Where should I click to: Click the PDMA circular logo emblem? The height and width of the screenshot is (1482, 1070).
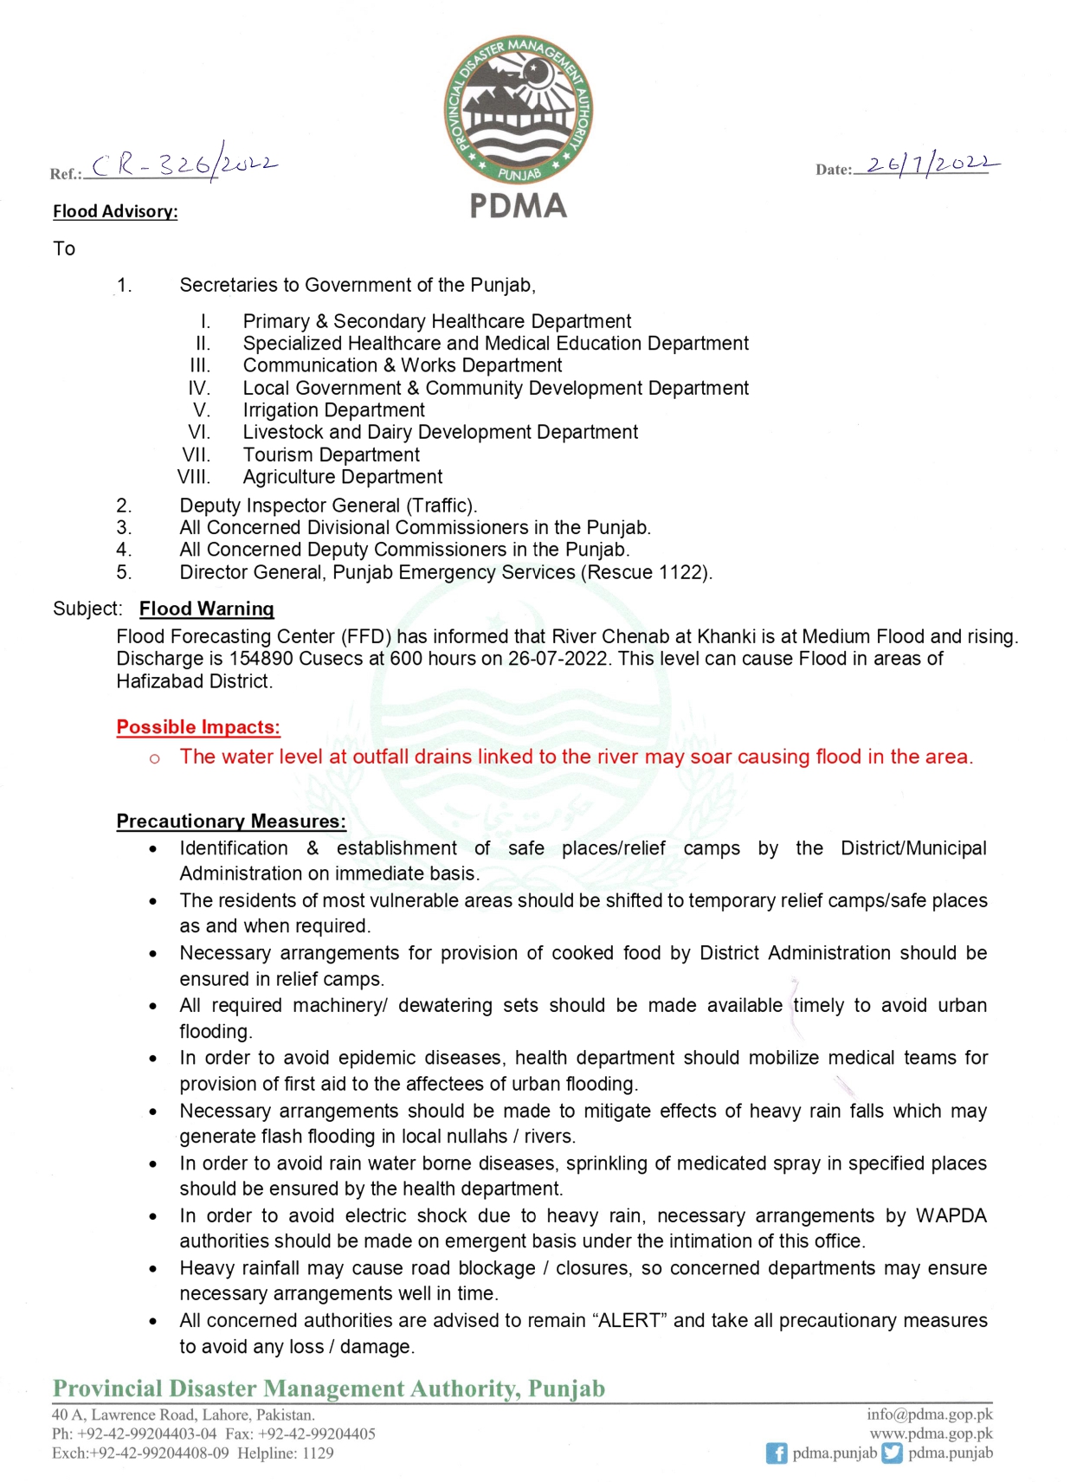point(518,110)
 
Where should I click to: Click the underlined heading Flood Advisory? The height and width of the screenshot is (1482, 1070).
point(115,211)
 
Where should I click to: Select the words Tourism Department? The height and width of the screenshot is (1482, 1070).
point(331,454)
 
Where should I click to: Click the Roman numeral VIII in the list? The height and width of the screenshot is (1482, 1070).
point(194,477)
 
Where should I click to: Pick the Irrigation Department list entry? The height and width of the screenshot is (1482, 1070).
point(333,410)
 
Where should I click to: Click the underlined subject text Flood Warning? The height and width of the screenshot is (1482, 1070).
point(206,609)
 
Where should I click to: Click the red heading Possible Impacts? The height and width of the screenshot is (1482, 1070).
point(198,727)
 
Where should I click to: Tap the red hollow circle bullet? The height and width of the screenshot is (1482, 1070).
point(154,758)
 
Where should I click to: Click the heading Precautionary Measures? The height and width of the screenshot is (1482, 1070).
point(231,821)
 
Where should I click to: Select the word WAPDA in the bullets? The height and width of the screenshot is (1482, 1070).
point(951,1215)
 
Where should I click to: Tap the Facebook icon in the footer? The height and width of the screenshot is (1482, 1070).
point(777,1453)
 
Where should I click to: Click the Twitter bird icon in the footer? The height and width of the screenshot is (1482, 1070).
point(892,1453)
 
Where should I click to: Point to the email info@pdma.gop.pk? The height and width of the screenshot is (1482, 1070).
point(929,1414)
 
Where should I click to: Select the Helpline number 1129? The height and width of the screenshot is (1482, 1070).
point(317,1453)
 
